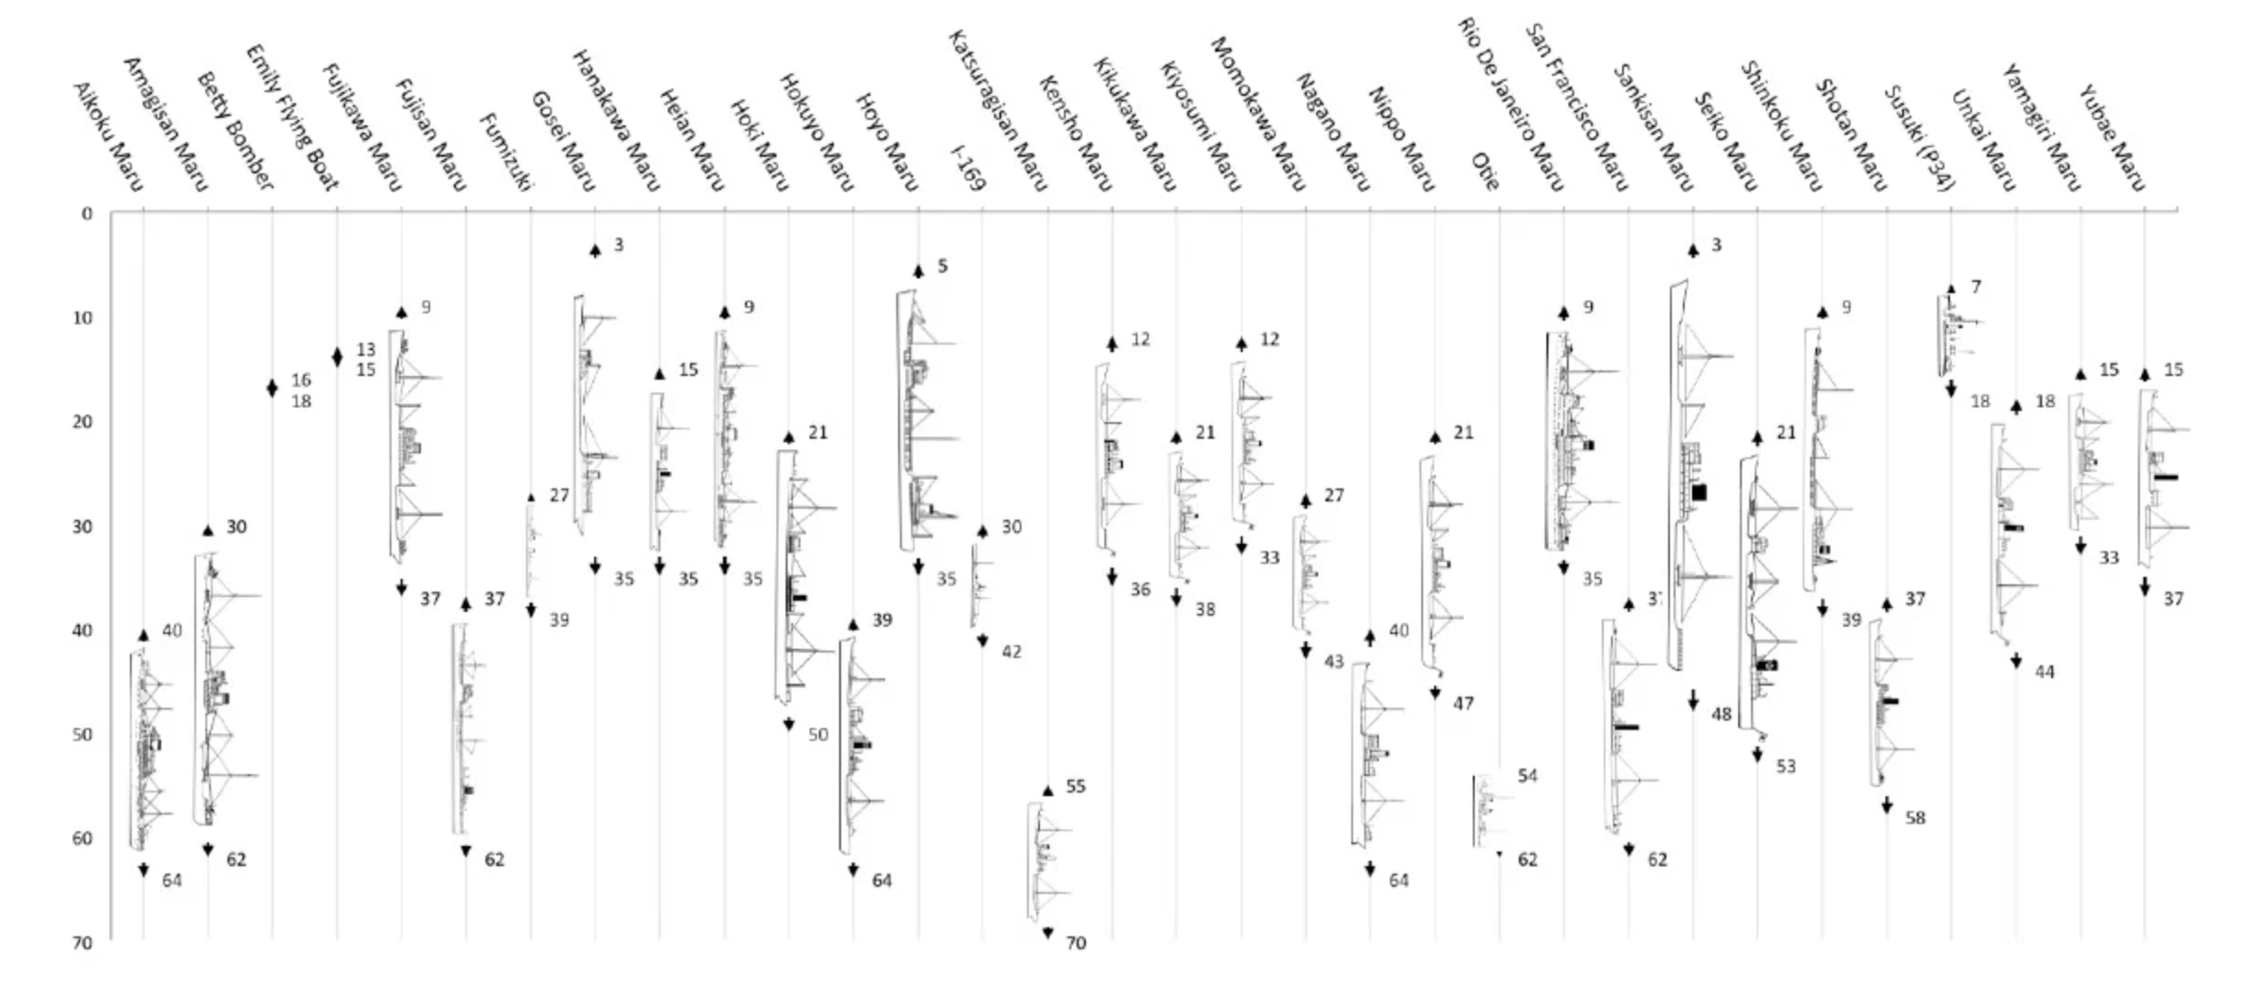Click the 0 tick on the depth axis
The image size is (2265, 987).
click(87, 214)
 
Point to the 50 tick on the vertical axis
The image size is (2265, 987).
click(83, 734)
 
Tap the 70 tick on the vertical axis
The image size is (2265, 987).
click(83, 943)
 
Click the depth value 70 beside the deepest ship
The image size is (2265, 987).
click(1076, 943)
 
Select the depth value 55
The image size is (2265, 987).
click(1076, 786)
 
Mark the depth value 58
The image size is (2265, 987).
click(1915, 817)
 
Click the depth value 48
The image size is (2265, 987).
click(1722, 713)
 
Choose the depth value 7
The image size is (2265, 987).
click(1976, 287)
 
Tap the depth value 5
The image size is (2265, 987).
click(942, 265)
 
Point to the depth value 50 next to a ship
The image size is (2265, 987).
click(818, 734)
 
